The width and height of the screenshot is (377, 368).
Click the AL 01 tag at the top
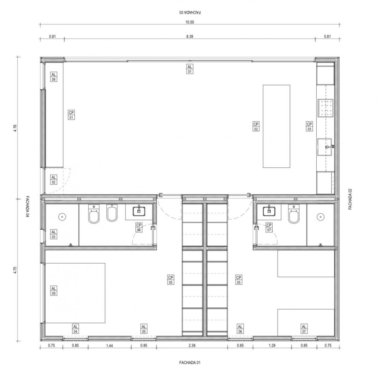(190, 69)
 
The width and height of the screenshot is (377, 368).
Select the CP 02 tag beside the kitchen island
(256, 126)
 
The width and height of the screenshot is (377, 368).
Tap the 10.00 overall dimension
(190, 22)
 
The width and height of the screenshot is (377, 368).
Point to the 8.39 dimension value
(190, 36)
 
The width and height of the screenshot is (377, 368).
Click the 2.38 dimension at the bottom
(192, 346)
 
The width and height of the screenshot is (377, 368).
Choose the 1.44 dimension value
(109, 346)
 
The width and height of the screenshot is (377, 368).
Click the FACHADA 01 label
(190, 363)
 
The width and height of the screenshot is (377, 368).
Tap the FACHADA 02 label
(350, 199)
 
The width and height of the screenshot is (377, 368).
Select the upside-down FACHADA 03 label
(190, 12)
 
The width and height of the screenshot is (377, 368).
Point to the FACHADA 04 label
(27, 206)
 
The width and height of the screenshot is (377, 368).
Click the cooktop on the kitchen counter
(326, 108)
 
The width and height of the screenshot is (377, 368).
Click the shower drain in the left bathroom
(62, 217)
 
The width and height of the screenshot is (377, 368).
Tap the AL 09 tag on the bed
(54, 291)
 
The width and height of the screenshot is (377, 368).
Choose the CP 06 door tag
(139, 227)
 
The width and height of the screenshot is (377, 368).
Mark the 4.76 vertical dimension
(15, 128)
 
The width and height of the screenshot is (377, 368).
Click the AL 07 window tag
(304, 329)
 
